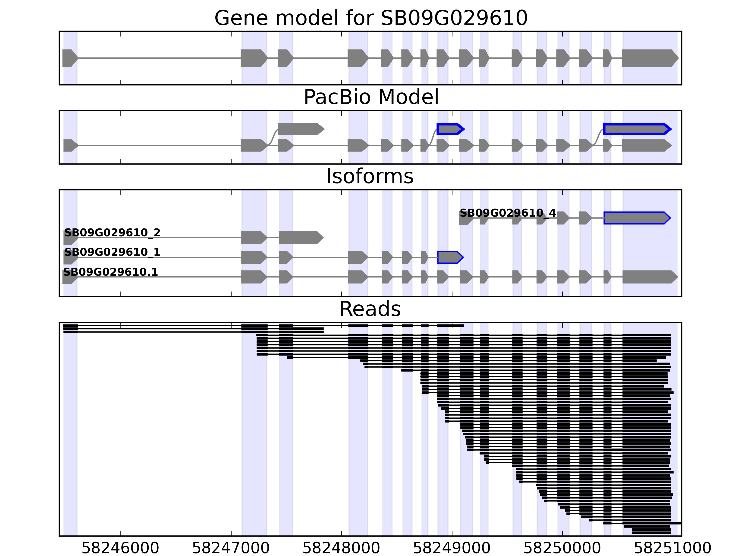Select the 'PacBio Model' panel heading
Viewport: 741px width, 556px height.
click(371, 97)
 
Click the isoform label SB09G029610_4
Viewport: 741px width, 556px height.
click(508, 213)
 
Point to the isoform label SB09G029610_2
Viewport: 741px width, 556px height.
click(112, 233)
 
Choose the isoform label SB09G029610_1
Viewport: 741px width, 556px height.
click(112, 252)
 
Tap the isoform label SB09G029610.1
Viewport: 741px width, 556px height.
click(110, 272)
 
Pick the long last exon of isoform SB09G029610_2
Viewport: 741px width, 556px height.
click(300, 238)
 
